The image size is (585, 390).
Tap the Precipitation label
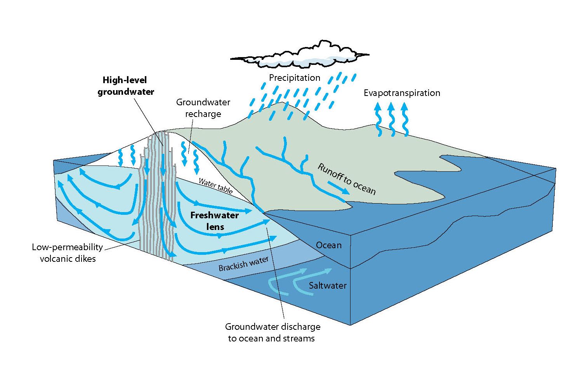[x=295, y=78]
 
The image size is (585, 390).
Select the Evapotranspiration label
[x=402, y=93]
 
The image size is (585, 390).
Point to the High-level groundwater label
[x=126, y=86]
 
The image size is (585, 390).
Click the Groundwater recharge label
[x=203, y=108]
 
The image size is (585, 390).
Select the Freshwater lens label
[x=215, y=221]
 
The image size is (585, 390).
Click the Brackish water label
[x=243, y=264]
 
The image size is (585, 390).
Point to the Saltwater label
[x=328, y=286]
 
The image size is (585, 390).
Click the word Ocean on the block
[x=329, y=245]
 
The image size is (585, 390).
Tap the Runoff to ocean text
[x=347, y=179]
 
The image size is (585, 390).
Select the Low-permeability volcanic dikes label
[x=68, y=252]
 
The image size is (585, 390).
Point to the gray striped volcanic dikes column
[x=157, y=194]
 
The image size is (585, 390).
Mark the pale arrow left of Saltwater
[x=279, y=286]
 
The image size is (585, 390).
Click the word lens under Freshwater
[x=215, y=226]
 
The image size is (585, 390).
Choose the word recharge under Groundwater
[x=203, y=114]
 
